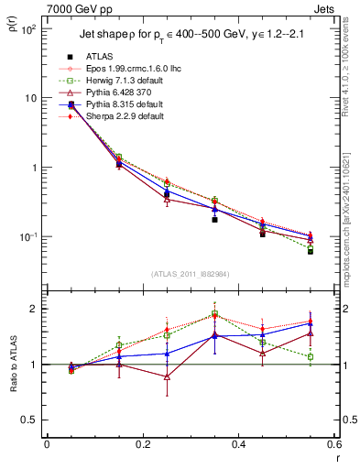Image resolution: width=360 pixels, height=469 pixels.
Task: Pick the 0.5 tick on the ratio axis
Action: pyautogui.click(x=32, y=420)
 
